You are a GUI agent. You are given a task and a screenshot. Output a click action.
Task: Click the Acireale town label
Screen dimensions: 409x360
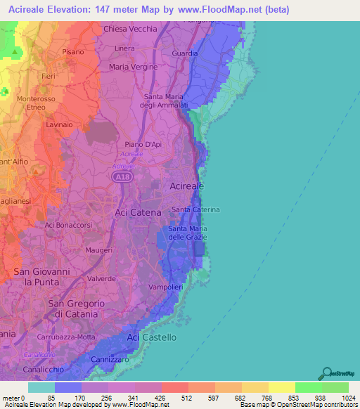[187, 186]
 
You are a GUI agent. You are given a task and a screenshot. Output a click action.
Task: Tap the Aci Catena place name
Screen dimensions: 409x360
[138, 212]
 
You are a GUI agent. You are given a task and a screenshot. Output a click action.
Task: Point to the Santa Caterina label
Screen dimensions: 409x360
[196, 210]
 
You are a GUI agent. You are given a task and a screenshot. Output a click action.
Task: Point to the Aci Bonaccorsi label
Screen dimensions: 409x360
[70, 225]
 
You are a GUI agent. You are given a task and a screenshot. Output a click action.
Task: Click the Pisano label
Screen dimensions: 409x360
[73, 52]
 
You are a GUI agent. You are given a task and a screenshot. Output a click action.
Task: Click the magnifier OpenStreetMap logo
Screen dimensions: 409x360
[328, 373]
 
